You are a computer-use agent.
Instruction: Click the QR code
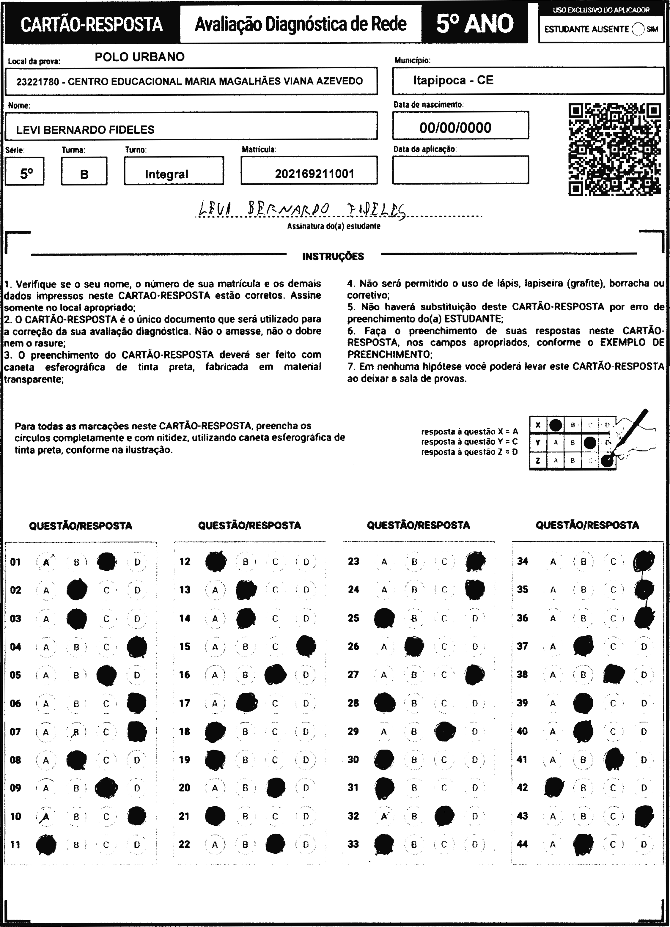614,149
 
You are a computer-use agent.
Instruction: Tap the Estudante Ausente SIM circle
638,29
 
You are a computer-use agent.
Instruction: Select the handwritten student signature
302,210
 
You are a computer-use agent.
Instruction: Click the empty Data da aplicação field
460,170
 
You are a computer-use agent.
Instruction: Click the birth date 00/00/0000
455,128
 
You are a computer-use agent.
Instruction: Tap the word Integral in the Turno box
166,174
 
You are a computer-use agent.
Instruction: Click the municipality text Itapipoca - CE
453,80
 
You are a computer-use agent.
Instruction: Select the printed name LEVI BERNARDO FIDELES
85,130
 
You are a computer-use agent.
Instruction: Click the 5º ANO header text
474,24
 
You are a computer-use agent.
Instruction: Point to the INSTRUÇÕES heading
333,257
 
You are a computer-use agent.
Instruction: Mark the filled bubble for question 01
106,562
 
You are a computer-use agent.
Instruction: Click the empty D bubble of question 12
306,562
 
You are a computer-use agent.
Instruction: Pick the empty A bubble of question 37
553,647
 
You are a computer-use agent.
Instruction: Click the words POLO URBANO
139,57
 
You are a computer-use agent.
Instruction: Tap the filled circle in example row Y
589,442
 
